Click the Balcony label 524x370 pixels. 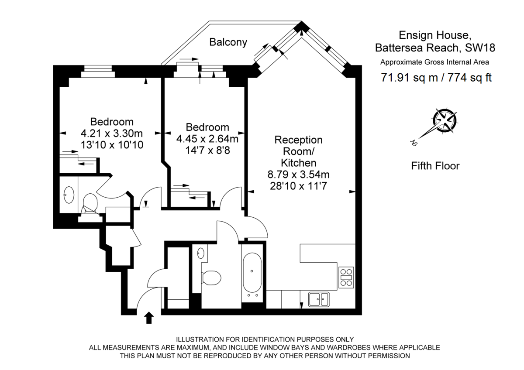[x=228, y=42]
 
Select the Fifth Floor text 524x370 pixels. [x=435, y=166]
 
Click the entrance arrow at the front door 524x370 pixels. [x=148, y=318]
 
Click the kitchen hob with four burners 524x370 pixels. [x=346, y=276]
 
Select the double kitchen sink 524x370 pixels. [x=319, y=299]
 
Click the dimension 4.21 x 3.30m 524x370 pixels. [x=112, y=133]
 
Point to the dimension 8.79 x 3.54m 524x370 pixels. [x=298, y=175]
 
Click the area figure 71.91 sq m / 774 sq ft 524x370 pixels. [x=436, y=78]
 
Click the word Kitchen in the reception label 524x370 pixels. [x=298, y=163]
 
